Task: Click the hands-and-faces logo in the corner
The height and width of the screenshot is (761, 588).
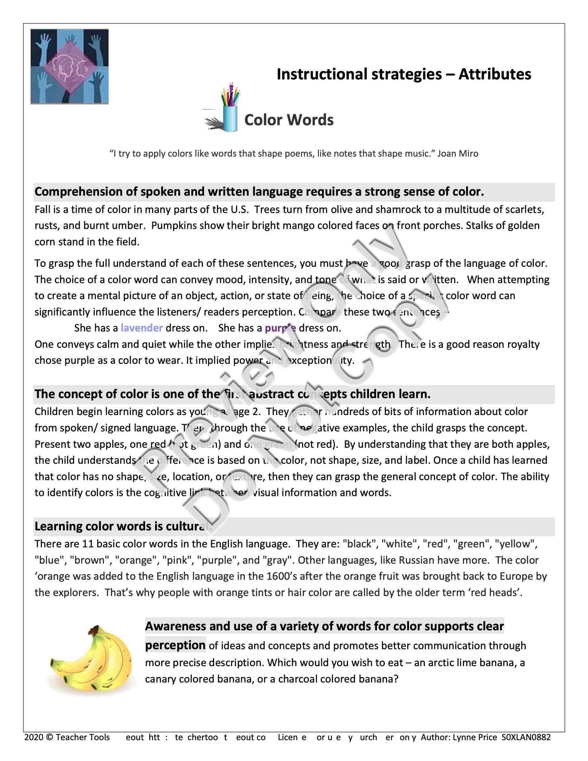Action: tap(69, 66)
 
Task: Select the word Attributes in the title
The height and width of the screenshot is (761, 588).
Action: tap(495, 74)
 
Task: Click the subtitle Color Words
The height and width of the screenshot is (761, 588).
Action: tap(289, 120)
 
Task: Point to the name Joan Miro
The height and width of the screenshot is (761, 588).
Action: tap(457, 154)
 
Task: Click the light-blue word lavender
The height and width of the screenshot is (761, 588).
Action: tap(142, 328)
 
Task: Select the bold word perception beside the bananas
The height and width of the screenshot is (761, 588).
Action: tap(175, 645)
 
